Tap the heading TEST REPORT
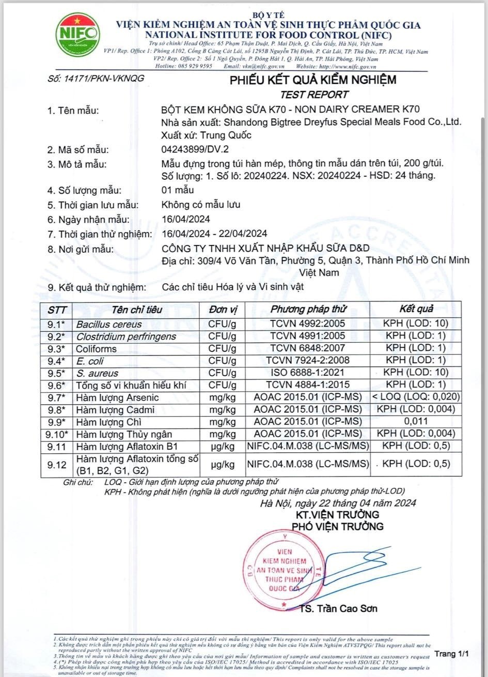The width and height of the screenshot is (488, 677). click(x=314, y=94)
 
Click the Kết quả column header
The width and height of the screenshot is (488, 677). click(x=416, y=309)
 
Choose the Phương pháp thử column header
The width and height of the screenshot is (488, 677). click(x=309, y=309)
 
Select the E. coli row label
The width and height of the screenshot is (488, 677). click(x=90, y=361)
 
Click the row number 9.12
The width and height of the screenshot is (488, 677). click(x=57, y=465)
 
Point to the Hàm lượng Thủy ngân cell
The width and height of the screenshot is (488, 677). click(x=124, y=434)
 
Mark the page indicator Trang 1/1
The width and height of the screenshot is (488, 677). click(x=451, y=654)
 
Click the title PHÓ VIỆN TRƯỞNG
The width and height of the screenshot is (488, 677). click(x=338, y=526)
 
